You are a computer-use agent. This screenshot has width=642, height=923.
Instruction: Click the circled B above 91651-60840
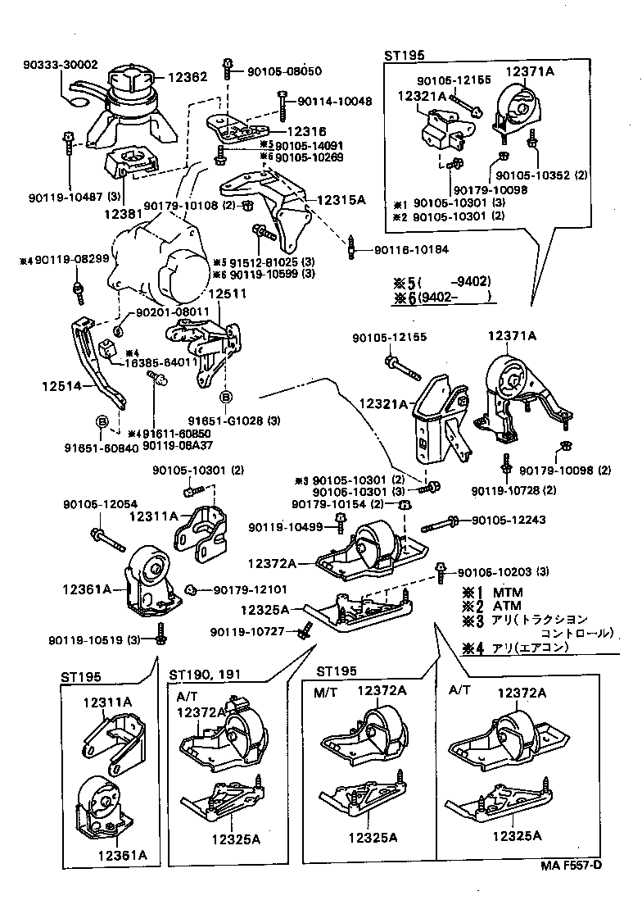(102, 421)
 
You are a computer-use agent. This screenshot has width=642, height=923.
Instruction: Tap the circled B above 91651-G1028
(226, 399)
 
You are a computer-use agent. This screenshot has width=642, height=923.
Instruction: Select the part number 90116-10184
(412, 249)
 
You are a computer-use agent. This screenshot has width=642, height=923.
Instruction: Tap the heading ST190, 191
(206, 675)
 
